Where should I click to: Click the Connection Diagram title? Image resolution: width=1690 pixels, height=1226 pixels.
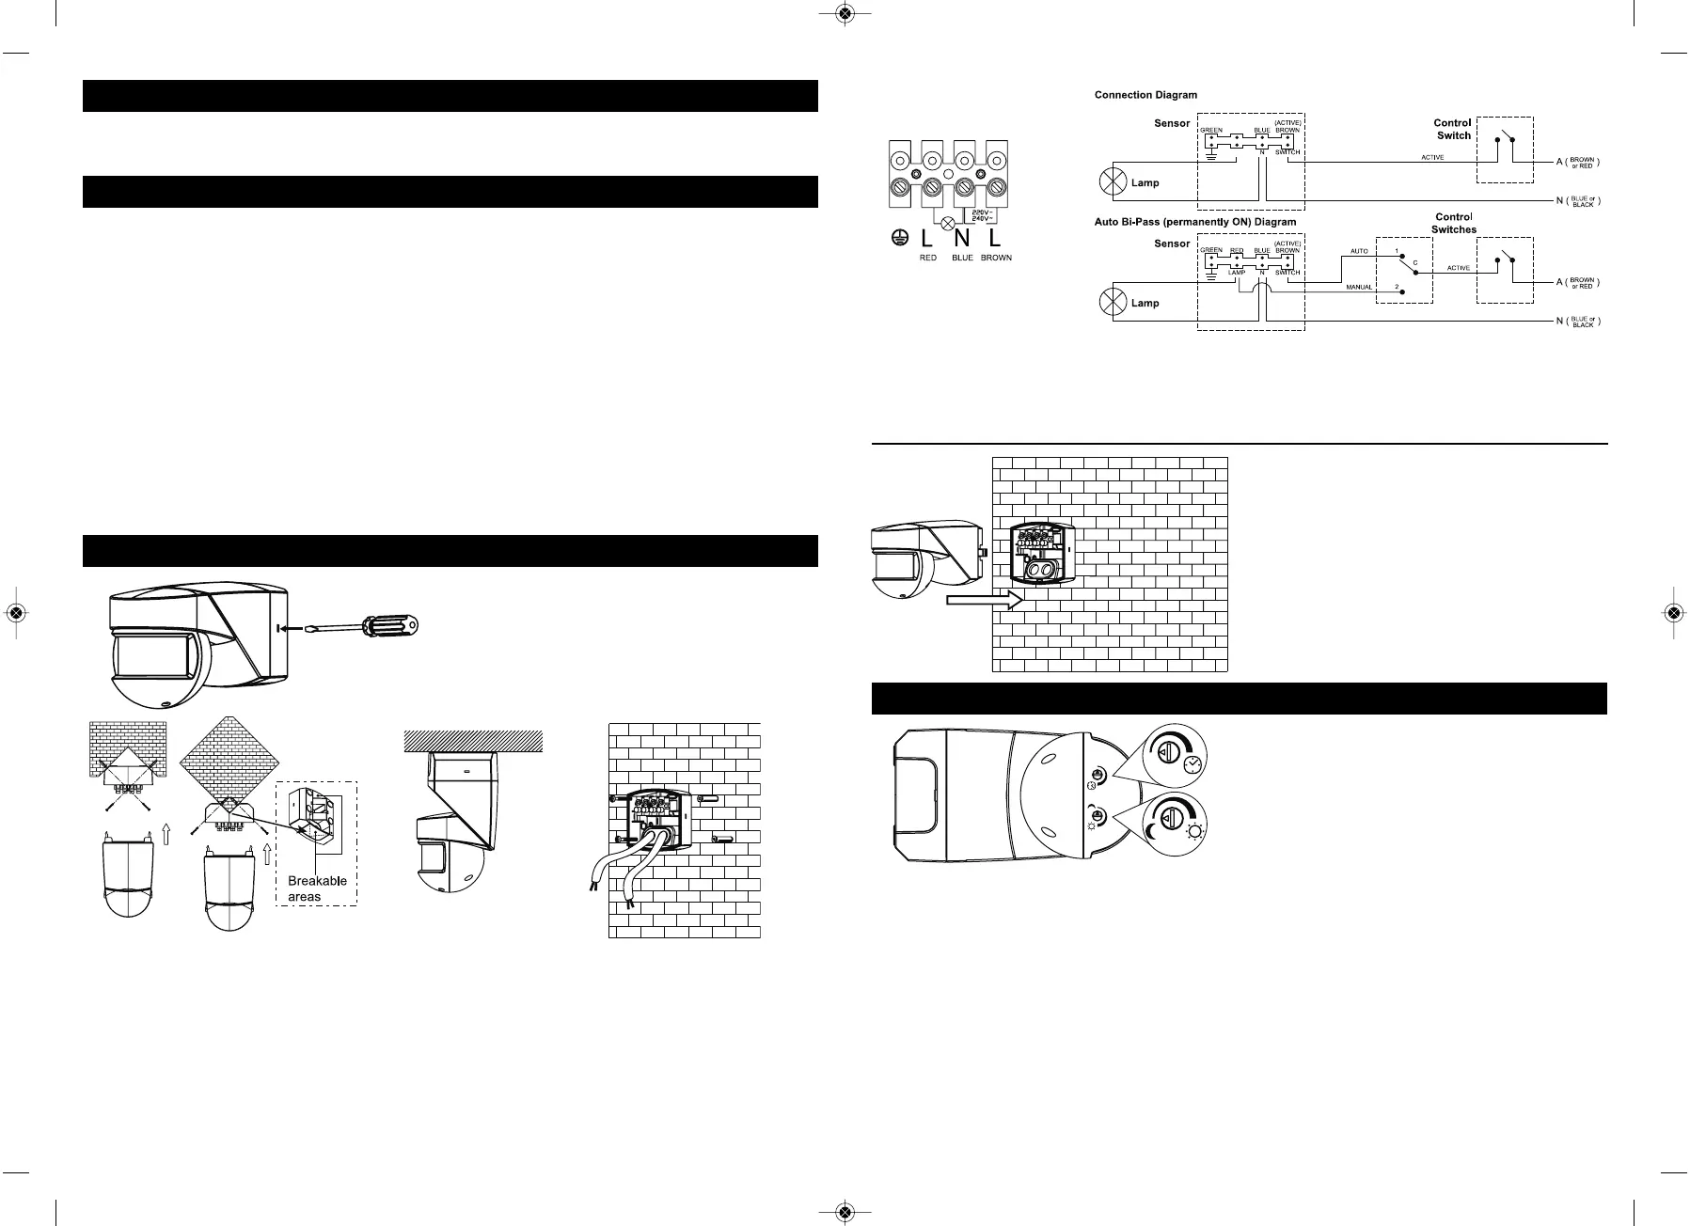click(1145, 95)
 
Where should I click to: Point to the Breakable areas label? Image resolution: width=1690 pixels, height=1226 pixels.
click(317, 888)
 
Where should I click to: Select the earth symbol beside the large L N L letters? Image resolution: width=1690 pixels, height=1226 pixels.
click(897, 239)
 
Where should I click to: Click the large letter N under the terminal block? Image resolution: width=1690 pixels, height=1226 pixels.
click(961, 239)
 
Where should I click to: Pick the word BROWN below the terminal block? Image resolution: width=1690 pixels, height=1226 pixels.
click(995, 258)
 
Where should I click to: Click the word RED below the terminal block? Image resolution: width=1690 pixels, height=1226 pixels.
click(927, 258)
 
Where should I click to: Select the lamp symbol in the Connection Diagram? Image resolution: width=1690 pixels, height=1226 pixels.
click(1114, 181)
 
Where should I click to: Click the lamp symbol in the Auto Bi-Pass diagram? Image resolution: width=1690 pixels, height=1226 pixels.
click(1114, 303)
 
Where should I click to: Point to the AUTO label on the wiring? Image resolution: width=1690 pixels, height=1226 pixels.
click(1359, 252)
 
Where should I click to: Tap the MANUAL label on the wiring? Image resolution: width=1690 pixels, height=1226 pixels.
click(1359, 287)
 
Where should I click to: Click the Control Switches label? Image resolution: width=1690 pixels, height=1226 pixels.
click(1453, 223)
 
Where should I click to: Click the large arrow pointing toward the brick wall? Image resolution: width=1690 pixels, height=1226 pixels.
click(984, 600)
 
